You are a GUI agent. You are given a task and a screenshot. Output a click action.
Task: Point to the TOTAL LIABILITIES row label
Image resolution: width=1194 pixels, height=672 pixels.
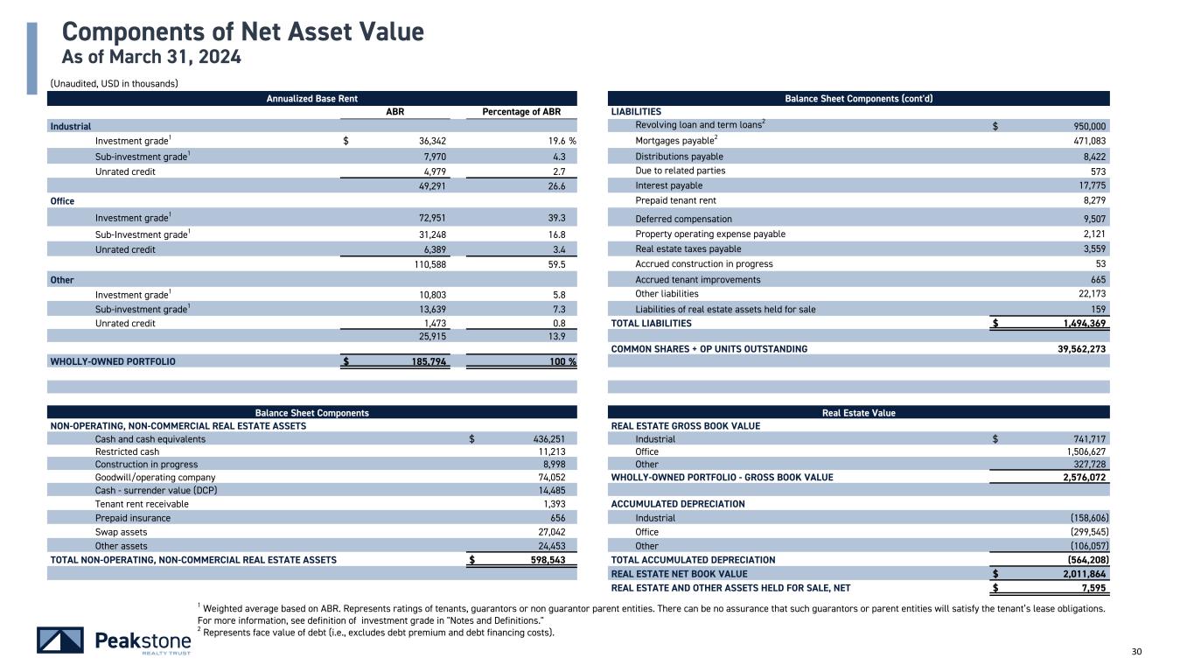[651, 323]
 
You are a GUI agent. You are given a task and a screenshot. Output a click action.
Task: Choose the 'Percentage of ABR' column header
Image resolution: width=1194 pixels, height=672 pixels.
[520, 112]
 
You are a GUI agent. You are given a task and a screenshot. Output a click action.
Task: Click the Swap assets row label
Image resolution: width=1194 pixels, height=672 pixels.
[122, 531]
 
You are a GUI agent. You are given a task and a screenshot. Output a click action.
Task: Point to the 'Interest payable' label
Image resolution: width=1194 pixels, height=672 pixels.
[668, 185]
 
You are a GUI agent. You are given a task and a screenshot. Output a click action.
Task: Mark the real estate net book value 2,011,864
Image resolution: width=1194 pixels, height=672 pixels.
[1081, 574]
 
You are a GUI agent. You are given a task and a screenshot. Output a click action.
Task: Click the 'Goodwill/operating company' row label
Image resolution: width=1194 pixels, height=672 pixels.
[155, 478]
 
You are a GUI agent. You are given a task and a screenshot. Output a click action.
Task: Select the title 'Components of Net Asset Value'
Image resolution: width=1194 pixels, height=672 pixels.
[243, 33]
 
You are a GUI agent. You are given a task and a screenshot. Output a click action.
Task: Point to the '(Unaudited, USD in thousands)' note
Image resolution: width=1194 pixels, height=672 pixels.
[114, 84]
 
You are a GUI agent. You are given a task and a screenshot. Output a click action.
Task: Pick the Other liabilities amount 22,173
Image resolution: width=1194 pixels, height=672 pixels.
[1087, 294]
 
